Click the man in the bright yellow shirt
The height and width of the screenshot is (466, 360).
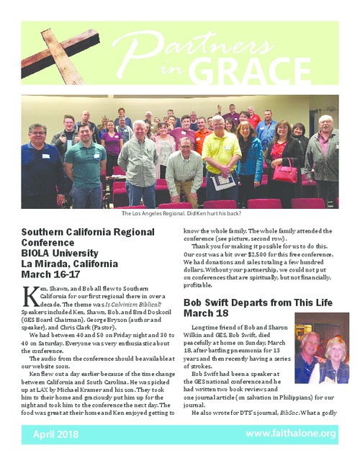pos(221,155)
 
